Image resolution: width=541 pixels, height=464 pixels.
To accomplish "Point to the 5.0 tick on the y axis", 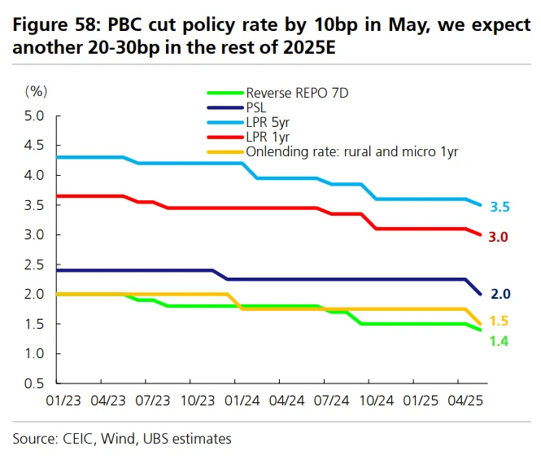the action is [x=34, y=116].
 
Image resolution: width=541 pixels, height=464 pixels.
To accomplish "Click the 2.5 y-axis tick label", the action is [x=34, y=265].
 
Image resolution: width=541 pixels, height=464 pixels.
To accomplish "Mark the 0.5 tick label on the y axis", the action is [x=34, y=383].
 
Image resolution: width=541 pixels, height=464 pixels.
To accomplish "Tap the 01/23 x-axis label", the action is [x=63, y=401].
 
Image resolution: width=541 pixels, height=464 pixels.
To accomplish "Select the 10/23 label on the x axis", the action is [x=198, y=401].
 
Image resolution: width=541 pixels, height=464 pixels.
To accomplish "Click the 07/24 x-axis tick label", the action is [x=332, y=401].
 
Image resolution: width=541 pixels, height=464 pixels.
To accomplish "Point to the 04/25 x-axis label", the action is [x=465, y=401].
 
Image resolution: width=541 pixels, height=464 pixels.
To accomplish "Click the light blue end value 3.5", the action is [x=500, y=207].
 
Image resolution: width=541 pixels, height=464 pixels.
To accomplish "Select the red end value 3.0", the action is [x=498, y=237].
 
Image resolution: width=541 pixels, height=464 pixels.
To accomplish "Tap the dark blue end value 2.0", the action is [x=500, y=294].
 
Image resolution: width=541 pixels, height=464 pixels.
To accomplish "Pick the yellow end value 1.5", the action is [x=499, y=321].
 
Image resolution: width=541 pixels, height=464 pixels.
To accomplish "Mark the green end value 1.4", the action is [x=499, y=341].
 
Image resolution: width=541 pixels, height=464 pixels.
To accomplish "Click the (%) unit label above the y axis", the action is [x=36, y=91].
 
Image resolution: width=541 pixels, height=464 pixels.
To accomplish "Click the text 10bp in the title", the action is [x=335, y=25].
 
